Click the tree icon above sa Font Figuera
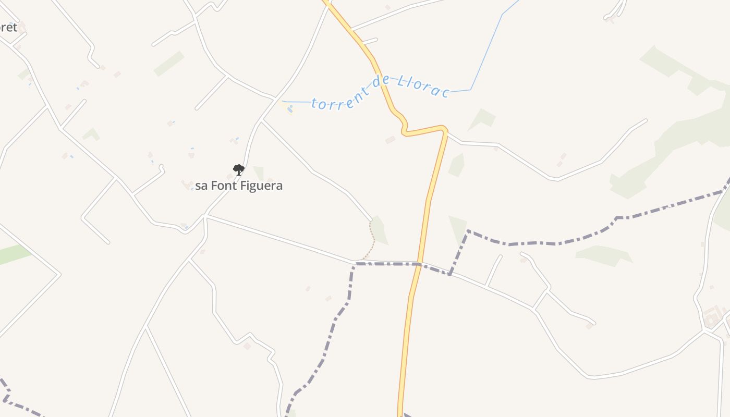click(x=238, y=169)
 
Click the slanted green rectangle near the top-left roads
click(x=169, y=64)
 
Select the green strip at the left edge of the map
click(x=13, y=254)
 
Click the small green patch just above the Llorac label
click(x=483, y=119)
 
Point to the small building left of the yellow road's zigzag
click(x=390, y=140)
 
